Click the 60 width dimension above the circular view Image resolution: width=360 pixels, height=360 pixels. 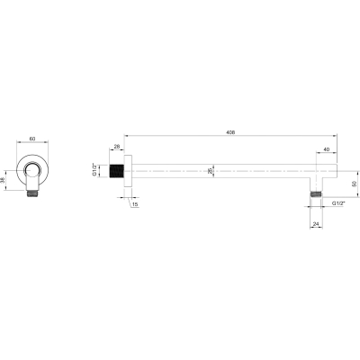coord(32,139)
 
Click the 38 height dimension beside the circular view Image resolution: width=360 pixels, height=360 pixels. coord(3,180)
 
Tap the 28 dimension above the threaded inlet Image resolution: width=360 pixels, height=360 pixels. coord(117,147)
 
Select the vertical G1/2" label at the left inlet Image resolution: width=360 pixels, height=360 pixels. coord(94,170)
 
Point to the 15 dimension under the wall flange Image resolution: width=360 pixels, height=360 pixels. coord(135,204)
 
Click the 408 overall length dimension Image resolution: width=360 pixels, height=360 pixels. coord(231,132)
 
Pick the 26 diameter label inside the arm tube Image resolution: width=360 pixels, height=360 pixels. coord(210,171)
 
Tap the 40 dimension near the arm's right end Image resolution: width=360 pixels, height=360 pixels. coord(327,149)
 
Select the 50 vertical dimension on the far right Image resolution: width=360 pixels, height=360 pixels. coord(354,184)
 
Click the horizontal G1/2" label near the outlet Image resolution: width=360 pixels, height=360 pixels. coord(338,203)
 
